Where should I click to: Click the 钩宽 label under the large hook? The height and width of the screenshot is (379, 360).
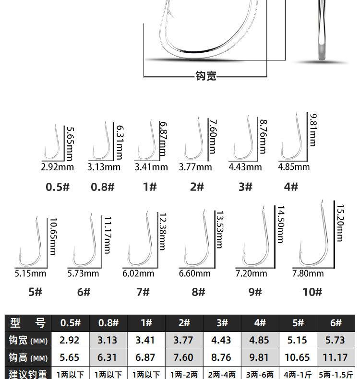pos(206,76)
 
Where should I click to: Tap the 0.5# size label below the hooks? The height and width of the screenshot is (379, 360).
pos(58,187)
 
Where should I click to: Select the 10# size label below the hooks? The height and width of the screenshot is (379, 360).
pos(312,292)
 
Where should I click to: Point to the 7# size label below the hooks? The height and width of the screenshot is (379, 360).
pos(143,292)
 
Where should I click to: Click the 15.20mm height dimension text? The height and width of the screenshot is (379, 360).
pos(340,223)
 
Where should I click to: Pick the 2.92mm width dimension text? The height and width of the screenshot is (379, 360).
pos(57,167)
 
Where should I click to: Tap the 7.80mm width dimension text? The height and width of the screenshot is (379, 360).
pos(308,273)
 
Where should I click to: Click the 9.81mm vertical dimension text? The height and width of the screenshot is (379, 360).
pos(313,130)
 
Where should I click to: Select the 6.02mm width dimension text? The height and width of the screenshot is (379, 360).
pos(138,273)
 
